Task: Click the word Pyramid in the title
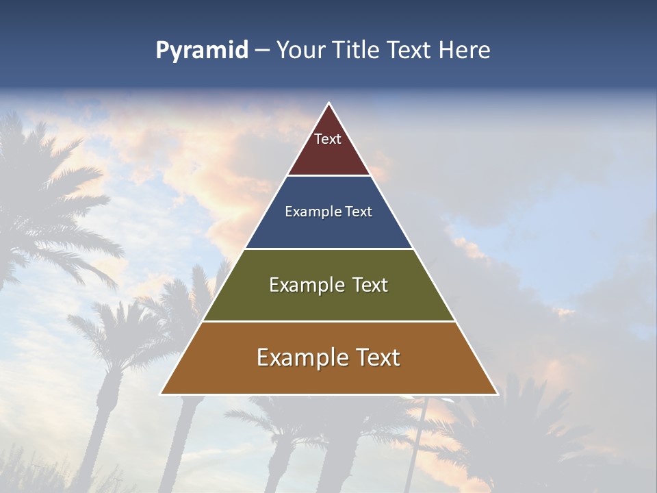[202, 51]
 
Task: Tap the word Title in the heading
[357, 51]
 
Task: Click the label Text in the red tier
[328, 139]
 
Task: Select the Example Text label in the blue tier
[328, 212]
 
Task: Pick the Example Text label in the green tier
[328, 285]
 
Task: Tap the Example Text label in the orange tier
[328, 357]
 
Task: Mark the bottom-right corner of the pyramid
[497, 394]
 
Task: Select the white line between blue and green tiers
[329, 249]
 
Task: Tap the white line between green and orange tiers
[329, 321]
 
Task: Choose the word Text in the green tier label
[370, 285]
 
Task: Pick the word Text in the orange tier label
[377, 357]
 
